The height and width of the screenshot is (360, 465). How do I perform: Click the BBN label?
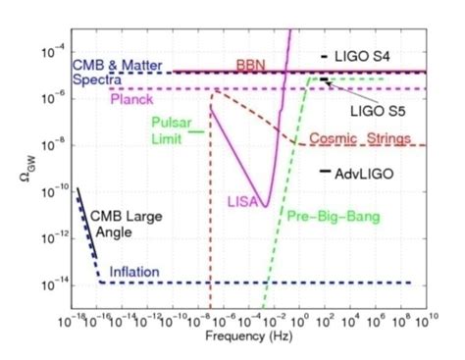[x=249, y=64]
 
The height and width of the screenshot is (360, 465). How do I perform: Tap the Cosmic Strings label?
[x=360, y=138]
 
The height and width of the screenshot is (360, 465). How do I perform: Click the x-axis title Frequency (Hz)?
[x=246, y=336]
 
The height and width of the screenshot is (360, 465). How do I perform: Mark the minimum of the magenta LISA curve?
[x=267, y=205]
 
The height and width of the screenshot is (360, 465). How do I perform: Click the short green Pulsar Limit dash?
[x=197, y=130]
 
